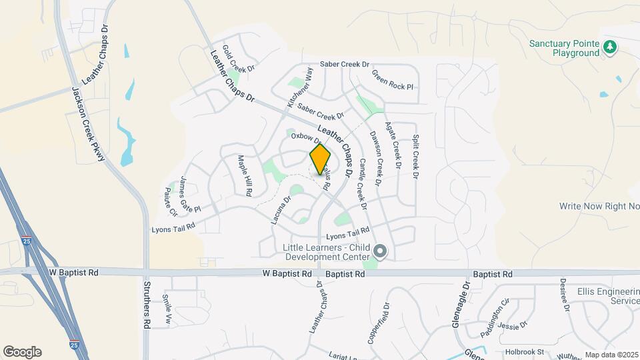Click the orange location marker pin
tap(320, 159)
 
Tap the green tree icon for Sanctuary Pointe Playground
tap(609, 47)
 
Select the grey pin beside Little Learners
tap(380, 252)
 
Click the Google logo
tap(22, 352)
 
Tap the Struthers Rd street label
tap(147, 305)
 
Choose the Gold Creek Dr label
tap(239, 59)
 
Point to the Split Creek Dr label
tap(415, 157)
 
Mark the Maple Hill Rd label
tap(245, 175)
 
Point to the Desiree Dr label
tap(564, 295)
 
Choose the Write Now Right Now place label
tap(599, 207)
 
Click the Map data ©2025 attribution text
tap(611, 355)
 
